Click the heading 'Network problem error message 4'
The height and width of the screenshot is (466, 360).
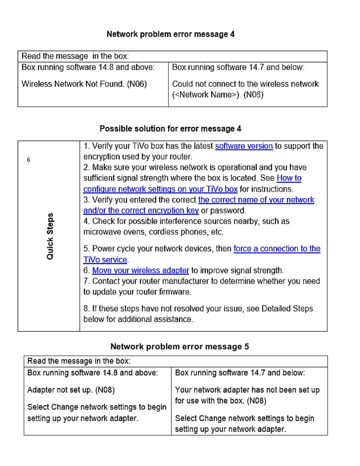pyautogui.click(x=170, y=34)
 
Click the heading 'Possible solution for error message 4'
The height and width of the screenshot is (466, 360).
pyautogui.click(x=170, y=129)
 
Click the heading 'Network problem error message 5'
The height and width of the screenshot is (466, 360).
pyautogui.click(x=179, y=346)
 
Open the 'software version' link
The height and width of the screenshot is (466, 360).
pyautogui.click(x=244, y=146)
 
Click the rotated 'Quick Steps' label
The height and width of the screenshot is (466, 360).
pyautogui.click(x=50, y=236)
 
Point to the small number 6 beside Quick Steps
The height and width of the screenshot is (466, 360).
pyautogui.click(x=29, y=160)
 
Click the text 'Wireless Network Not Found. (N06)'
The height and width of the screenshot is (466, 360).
pyautogui.click(x=84, y=84)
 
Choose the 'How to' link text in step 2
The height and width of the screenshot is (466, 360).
pyautogui.click(x=289, y=178)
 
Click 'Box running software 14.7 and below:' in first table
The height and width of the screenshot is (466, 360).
pyautogui.click(x=238, y=67)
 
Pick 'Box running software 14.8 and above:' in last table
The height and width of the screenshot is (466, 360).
pyautogui.click(x=93, y=373)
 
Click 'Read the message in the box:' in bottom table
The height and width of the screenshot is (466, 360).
pyautogui.click(x=79, y=361)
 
